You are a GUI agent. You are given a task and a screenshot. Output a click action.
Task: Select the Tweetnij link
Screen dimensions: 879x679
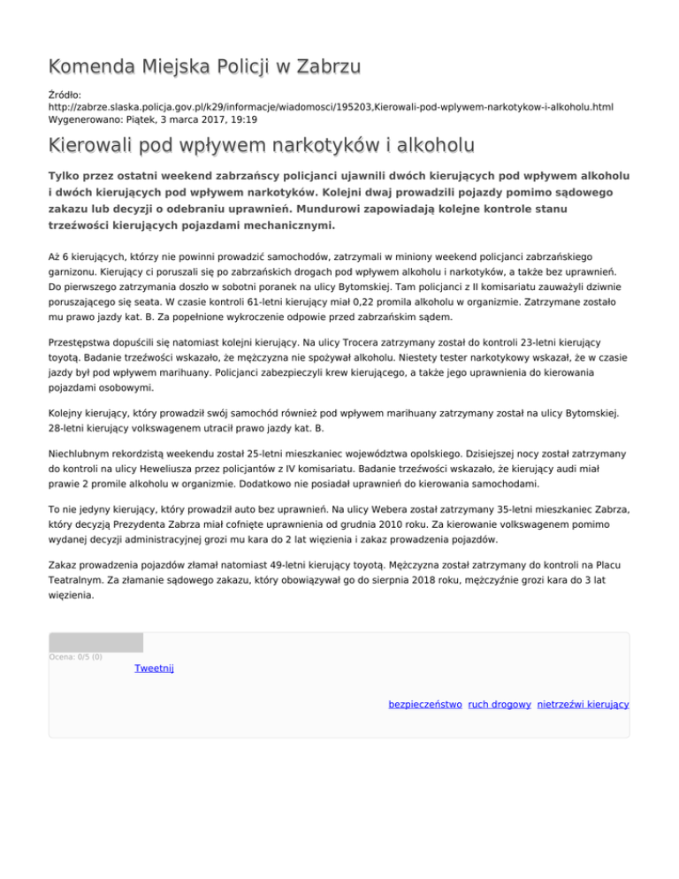tap(154, 669)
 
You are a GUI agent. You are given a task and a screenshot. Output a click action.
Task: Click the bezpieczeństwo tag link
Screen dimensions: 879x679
tap(425, 704)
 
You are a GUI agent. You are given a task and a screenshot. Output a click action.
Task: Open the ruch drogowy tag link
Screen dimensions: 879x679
tap(500, 704)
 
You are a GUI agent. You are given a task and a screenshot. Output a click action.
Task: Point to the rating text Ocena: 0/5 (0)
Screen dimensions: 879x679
tap(76, 656)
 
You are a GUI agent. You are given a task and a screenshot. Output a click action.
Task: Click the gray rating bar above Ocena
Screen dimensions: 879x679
tap(95, 642)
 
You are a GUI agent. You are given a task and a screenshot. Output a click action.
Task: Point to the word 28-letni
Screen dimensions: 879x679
tap(72, 428)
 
